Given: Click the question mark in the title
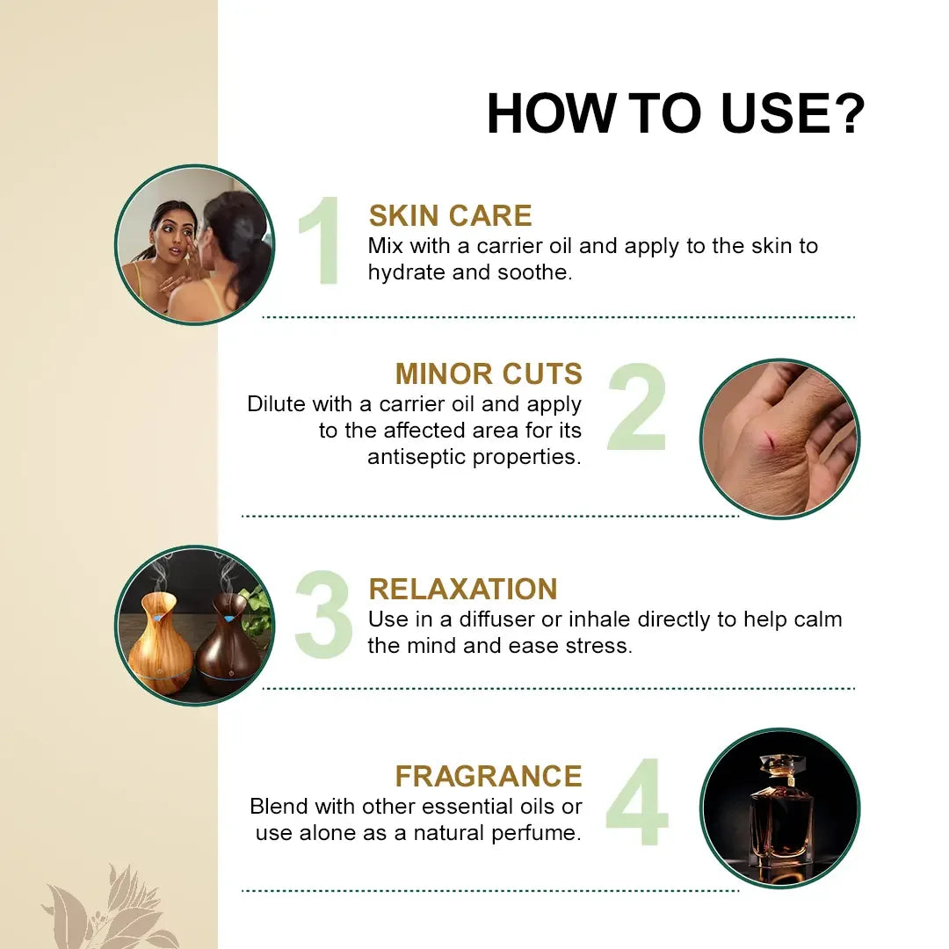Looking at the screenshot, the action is (x=846, y=112).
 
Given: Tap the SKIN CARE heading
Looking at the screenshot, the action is (x=450, y=215).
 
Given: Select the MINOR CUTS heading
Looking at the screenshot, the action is (x=489, y=373).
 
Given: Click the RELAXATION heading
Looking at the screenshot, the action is (x=463, y=589).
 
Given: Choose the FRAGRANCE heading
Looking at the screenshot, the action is (x=489, y=776).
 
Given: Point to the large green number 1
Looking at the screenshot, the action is (x=321, y=240).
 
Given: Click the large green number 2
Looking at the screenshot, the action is (x=637, y=406).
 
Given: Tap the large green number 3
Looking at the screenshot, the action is (x=323, y=613).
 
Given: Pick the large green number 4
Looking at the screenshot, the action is (x=637, y=801).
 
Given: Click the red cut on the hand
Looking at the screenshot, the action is (x=769, y=440).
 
